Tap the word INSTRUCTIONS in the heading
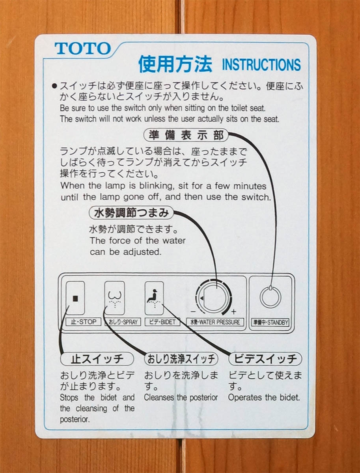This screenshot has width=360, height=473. point(261,64)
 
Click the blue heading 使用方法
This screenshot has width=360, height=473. point(175,64)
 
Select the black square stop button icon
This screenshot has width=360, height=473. point(75,298)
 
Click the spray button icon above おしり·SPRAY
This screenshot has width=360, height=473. point(115,298)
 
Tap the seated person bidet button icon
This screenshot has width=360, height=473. point(154,298)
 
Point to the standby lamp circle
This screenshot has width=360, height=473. point(260,297)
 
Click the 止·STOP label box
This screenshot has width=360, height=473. point(84,322)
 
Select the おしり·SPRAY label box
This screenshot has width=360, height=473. point(123,322)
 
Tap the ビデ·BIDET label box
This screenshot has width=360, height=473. point(162,322)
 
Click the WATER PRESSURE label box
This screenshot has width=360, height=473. point(215,322)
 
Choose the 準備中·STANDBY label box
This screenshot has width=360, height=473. point(270,322)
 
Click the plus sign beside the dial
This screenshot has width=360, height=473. point(233,312)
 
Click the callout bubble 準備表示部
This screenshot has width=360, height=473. point(186,135)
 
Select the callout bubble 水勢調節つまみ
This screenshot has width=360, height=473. point(131,213)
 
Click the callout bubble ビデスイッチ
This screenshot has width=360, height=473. point(265,359)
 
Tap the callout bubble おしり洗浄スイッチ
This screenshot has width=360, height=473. point(181,359)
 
